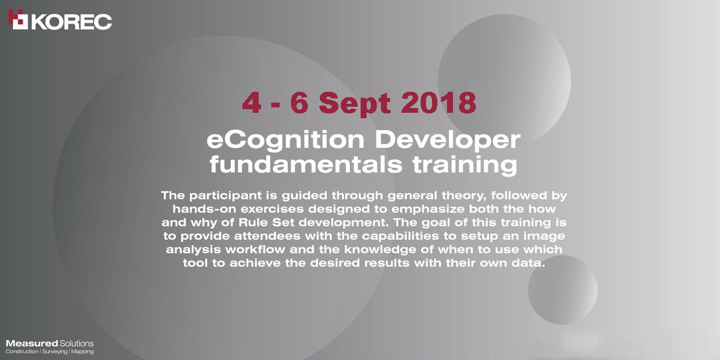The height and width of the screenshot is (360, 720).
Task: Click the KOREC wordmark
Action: tap(71, 22)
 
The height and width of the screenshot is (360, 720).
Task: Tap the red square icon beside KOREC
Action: tap(18, 19)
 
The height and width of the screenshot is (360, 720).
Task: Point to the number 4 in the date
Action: tap(251, 103)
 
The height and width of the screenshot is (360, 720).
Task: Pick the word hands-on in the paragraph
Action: tap(201, 209)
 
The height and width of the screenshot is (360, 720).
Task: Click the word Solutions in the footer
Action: tap(76, 343)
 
